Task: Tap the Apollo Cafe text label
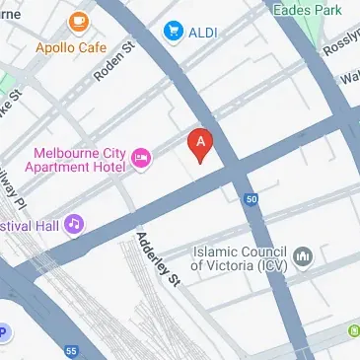coord(70,45)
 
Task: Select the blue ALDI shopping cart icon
coord(175,32)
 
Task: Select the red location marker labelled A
coord(201,145)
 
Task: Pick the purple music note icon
coord(73,225)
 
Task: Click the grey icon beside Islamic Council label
coord(305,258)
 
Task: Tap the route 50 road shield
coord(252,199)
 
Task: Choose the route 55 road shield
coord(70,350)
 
